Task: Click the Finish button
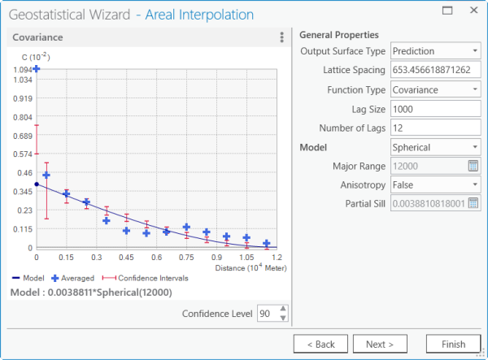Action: point(447,344)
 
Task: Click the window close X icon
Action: point(473,11)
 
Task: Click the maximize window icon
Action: point(447,11)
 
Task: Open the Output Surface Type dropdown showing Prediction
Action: point(436,51)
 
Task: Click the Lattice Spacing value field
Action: point(436,71)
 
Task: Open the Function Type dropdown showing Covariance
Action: point(436,90)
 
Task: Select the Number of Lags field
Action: point(436,128)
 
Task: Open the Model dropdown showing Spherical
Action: point(436,148)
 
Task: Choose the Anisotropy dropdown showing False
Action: point(436,185)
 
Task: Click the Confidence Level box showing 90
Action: point(266,314)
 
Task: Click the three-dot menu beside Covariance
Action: point(281,37)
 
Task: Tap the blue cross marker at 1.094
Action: point(37,70)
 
